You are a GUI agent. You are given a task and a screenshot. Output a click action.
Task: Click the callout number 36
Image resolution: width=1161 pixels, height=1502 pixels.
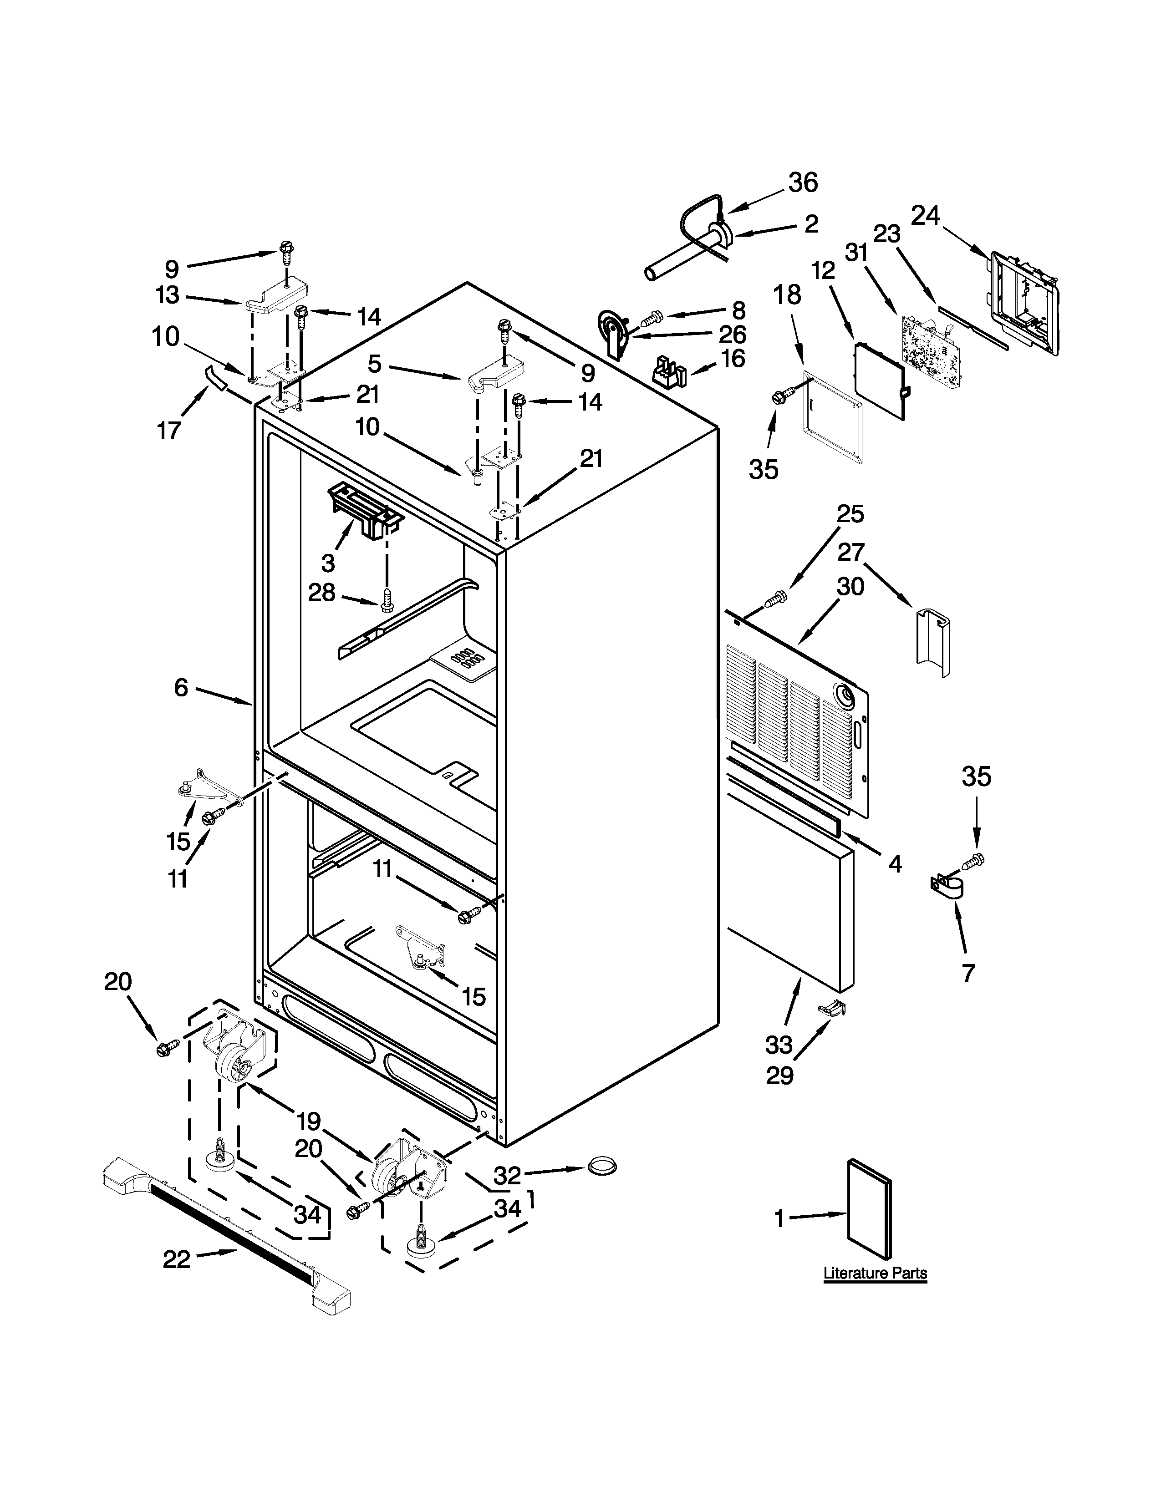pyautogui.click(x=803, y=183)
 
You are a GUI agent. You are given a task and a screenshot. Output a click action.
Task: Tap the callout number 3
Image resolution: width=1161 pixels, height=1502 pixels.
pyautogui.click(x=328, y=563)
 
